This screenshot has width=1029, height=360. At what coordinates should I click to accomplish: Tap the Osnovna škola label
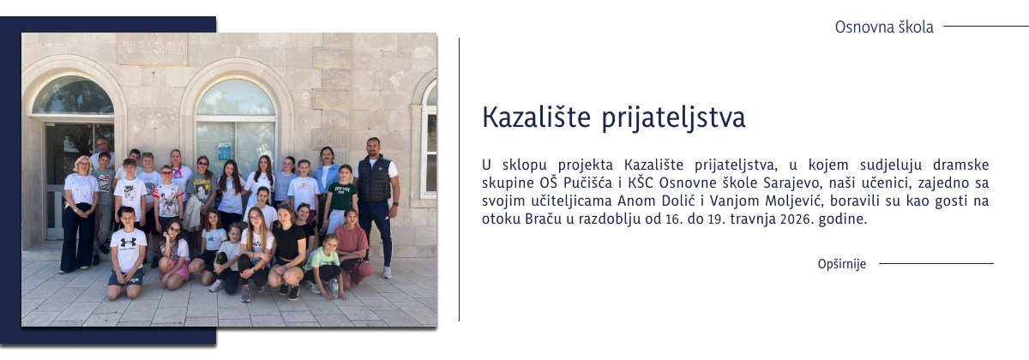point(884,27)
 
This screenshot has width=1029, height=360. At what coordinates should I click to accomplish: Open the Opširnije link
point(842,264)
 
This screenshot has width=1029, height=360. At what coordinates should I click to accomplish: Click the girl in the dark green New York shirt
point(343,197)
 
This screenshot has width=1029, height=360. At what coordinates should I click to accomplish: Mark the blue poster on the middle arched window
point(225,150)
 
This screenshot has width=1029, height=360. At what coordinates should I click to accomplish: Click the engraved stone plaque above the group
point(152,49)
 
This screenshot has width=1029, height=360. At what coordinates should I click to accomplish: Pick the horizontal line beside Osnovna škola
point(985,27)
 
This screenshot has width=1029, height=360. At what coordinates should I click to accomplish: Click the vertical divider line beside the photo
point(459,180)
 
